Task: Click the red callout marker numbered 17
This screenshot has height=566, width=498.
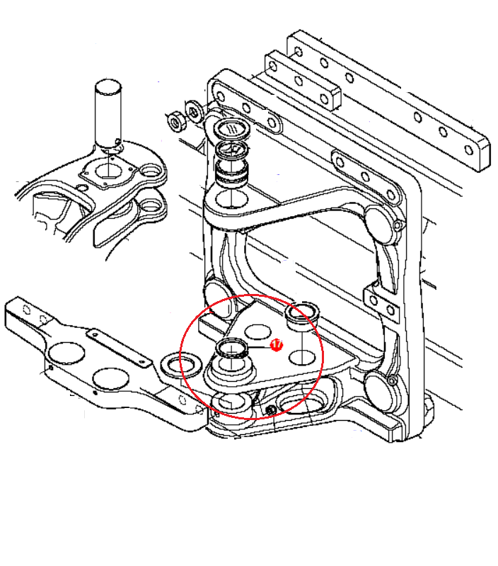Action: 277,345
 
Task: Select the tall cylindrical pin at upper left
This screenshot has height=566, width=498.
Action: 108,114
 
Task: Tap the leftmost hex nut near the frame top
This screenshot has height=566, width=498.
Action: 176,122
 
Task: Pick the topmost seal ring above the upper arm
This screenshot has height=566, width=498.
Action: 233,129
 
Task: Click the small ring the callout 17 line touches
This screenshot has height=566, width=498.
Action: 232,349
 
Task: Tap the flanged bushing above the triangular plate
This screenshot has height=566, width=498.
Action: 302,316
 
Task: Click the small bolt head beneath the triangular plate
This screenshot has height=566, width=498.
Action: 271,409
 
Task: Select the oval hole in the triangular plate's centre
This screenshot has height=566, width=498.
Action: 257,332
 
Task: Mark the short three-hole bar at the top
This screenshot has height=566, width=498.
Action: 303,80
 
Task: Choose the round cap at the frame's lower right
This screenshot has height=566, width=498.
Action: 381,392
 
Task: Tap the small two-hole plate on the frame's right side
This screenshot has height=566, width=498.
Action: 382,305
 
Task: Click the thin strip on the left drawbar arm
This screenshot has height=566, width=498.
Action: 119,349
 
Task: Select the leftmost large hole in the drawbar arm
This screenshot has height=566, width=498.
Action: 66,353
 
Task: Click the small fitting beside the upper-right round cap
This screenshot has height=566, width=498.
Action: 397,225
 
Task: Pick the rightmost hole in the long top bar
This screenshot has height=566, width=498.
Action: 469,149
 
